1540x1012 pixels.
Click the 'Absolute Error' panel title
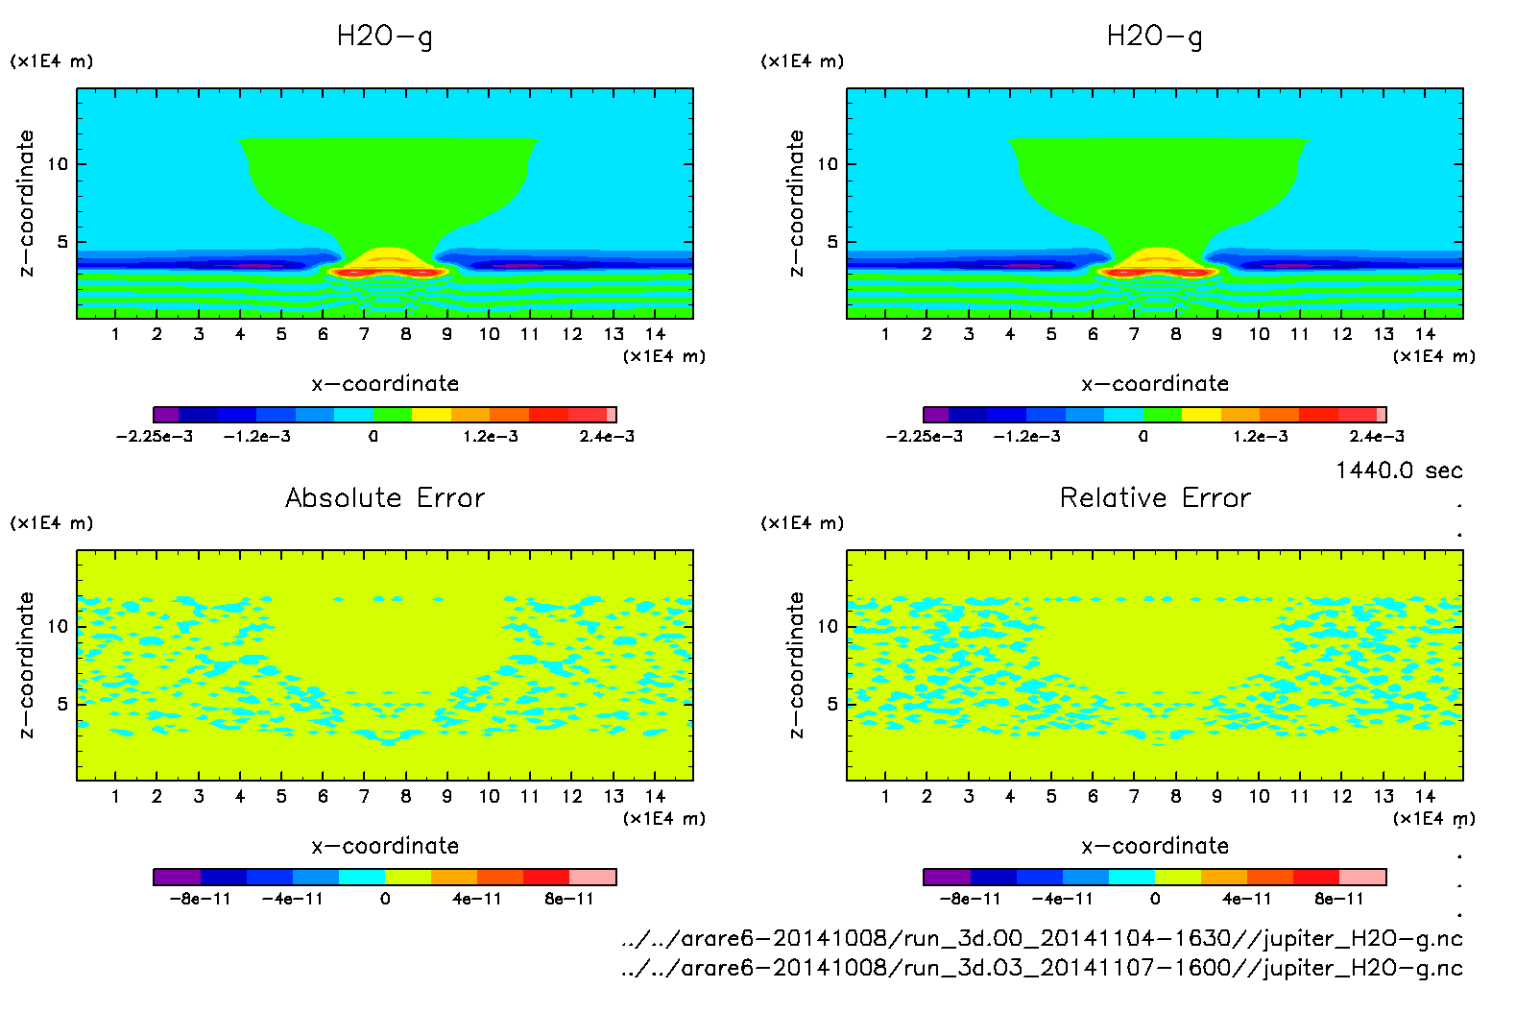[x=385, y=497]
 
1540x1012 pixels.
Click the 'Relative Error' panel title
[x=1155, y=497]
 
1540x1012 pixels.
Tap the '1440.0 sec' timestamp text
[x=1399, y=470]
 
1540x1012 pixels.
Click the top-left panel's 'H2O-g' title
[x=384, y=36]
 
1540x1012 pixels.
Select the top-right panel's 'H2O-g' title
[x=1154, y=36]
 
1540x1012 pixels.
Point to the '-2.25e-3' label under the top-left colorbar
[x=155, y=437]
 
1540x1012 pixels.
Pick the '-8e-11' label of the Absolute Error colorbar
[x=200, y=900]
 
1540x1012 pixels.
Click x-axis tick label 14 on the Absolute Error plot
[x=655, y=797]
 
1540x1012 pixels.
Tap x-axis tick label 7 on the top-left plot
[x=364, y=334]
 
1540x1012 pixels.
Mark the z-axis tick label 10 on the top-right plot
[x=828, y=164]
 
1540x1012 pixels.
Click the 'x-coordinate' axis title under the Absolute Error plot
[x=385, y=846]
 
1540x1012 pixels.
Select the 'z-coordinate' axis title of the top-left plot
[x=26, y=204]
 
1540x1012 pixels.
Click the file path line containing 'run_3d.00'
[x=1042, y=939]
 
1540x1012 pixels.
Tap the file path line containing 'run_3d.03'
[x=1042, y=968]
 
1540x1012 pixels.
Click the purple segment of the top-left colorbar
[x=166, y=415]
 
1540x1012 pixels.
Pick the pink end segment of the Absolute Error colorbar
[x=592, y=877]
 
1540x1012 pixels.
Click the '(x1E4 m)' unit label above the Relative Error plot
[x=803, y=523]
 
